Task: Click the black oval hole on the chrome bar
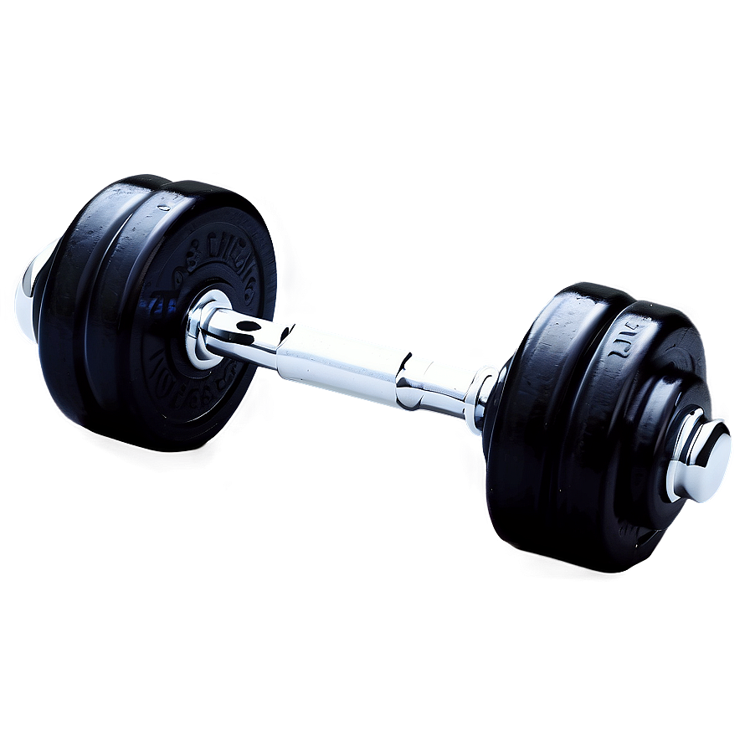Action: (248, 325)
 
